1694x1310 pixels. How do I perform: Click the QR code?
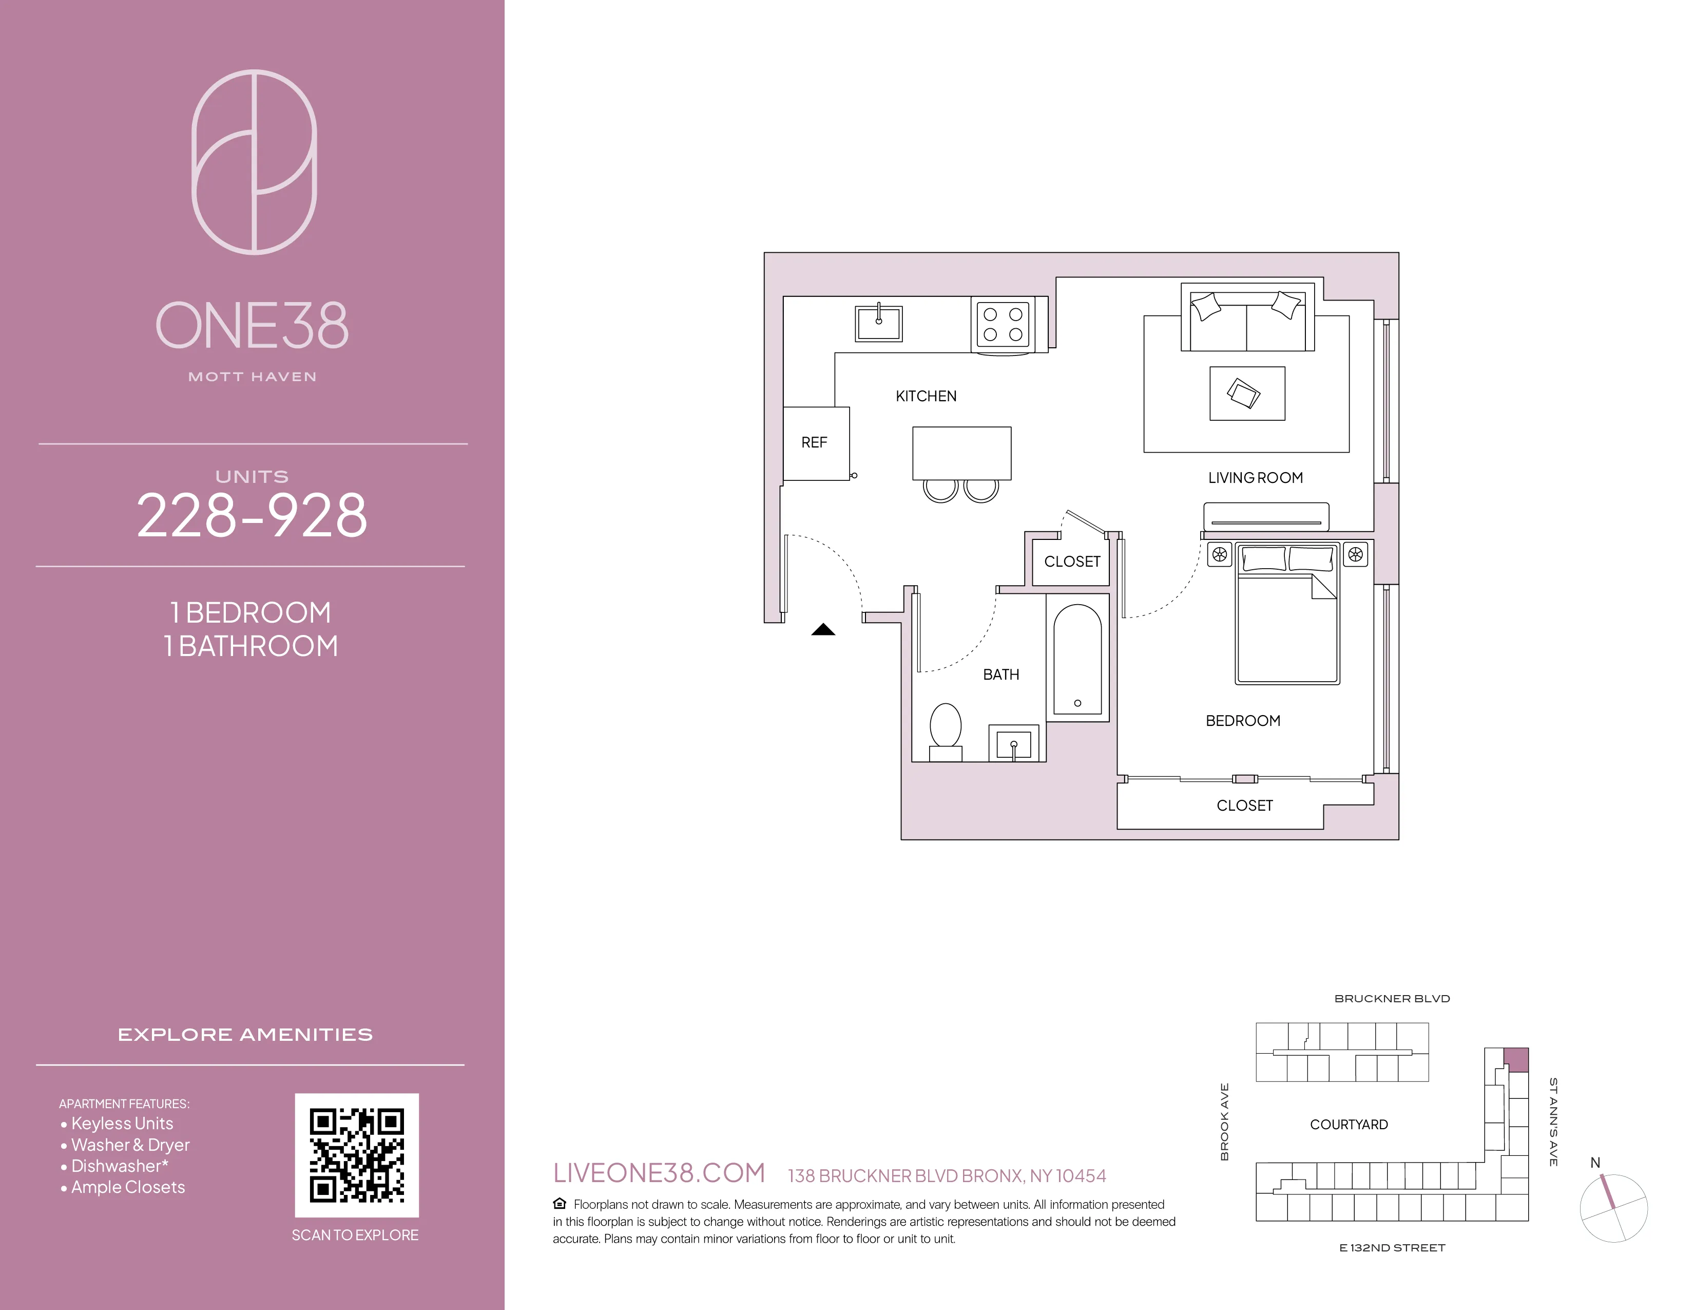coord(356,1155)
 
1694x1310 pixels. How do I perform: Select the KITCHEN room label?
coord(926,397)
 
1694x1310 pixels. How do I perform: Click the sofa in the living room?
coord(1247,318)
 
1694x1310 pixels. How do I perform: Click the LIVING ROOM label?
coord(1255,478)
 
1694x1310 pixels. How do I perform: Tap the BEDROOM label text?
coord(1243,721)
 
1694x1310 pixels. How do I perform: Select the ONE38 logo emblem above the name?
coord(255,162)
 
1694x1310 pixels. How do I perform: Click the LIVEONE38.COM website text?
coord(659,1173)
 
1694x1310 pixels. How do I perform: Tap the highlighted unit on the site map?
coord(1515,1059)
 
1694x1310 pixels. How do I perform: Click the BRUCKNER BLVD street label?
coord(1392,999)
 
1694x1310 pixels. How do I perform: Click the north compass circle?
coord(1613,1208)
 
